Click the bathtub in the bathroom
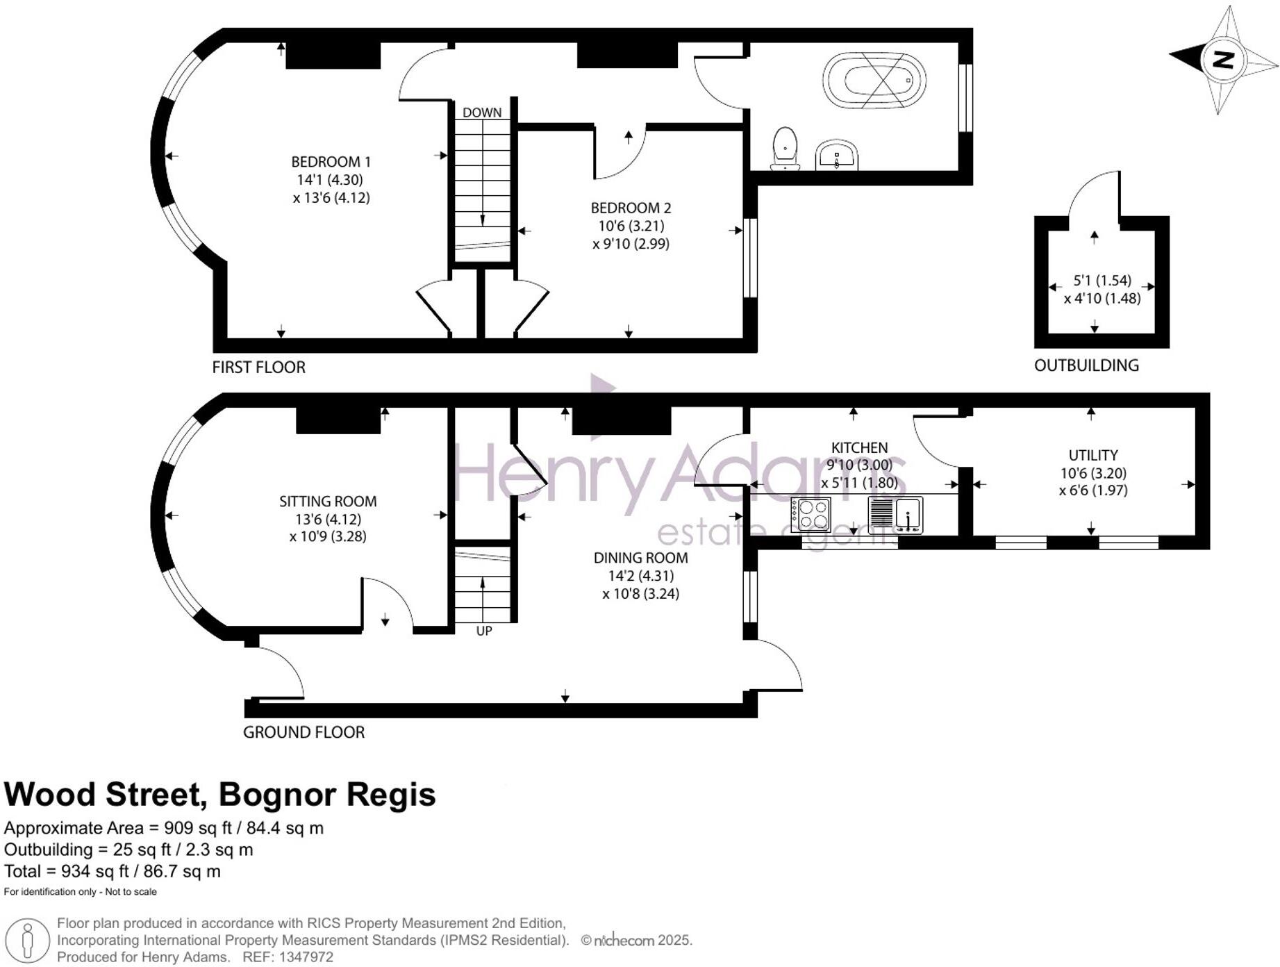coord(874,81)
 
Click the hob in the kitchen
coord(811,515)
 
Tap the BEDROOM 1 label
coord(331,162)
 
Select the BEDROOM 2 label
coord(631,208)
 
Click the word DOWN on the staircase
coord(482,113)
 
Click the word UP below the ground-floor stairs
coord(484,631)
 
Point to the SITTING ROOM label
coord(328,502)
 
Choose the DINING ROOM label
coord(640,558)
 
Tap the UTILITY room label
coord(1093,456)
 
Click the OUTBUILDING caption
coord(1086,365)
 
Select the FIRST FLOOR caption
coord(258,367)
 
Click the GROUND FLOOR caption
coord(304,732)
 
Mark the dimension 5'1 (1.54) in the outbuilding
coord(1102,281)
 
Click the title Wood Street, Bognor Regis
coord(220,795)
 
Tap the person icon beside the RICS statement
coord(27,941)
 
